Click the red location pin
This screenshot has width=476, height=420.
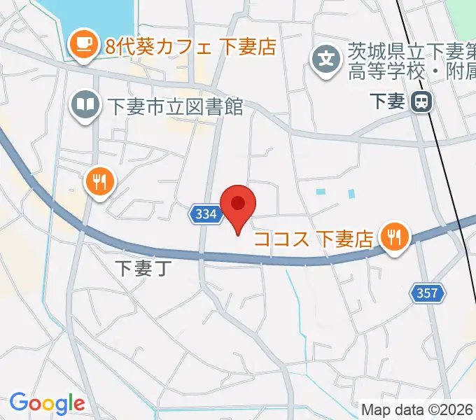click(x=238, y=205)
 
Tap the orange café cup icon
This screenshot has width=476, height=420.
click(x=85, y=44)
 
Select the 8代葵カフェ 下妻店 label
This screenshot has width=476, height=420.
click(x=190, y=47)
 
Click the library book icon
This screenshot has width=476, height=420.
click(x=85, y=106)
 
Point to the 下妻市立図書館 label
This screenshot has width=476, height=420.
click(x=175, y=106)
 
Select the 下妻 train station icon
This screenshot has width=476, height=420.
click(x=421, y=102)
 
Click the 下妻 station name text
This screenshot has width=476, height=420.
click(x=387, y=101)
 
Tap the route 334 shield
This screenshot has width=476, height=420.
click(x=206, y=215)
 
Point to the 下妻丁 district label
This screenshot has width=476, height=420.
click(x=142, y=268)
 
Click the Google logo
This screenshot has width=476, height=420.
click(x=47, y=403)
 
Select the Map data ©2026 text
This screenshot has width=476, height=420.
click(x=417, y=409)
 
